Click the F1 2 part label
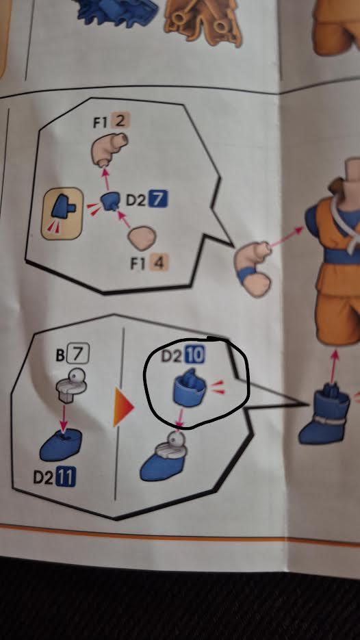point(110,122)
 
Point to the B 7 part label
point(73,355)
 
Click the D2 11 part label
point(55,477)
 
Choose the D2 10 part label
point(183,355)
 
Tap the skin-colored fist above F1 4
point(142,238)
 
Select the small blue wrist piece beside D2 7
point(110,201)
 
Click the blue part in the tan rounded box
point(63,206)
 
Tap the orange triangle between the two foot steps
point(123,407)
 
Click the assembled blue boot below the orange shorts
point(324,415)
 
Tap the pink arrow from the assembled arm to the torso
point(287,237)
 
